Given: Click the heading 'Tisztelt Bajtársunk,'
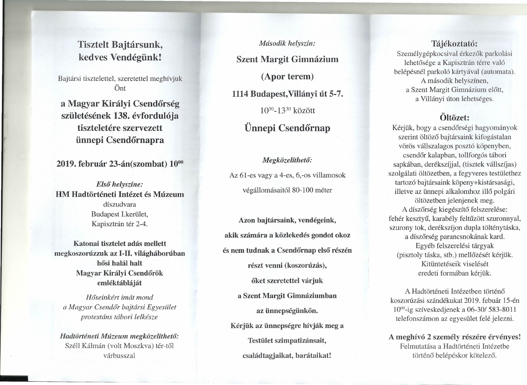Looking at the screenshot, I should coord(120,45).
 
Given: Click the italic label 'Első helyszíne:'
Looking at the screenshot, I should coord(120,185).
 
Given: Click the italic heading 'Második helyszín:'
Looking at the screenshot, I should coord(287,43).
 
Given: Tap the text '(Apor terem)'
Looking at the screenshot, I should coord(287,76).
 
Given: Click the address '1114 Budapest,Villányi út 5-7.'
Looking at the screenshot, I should coord(287,94).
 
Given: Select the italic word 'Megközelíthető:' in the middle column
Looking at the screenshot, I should coord(287,160).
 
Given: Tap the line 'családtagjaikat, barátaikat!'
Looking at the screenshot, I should coord(287,355).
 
